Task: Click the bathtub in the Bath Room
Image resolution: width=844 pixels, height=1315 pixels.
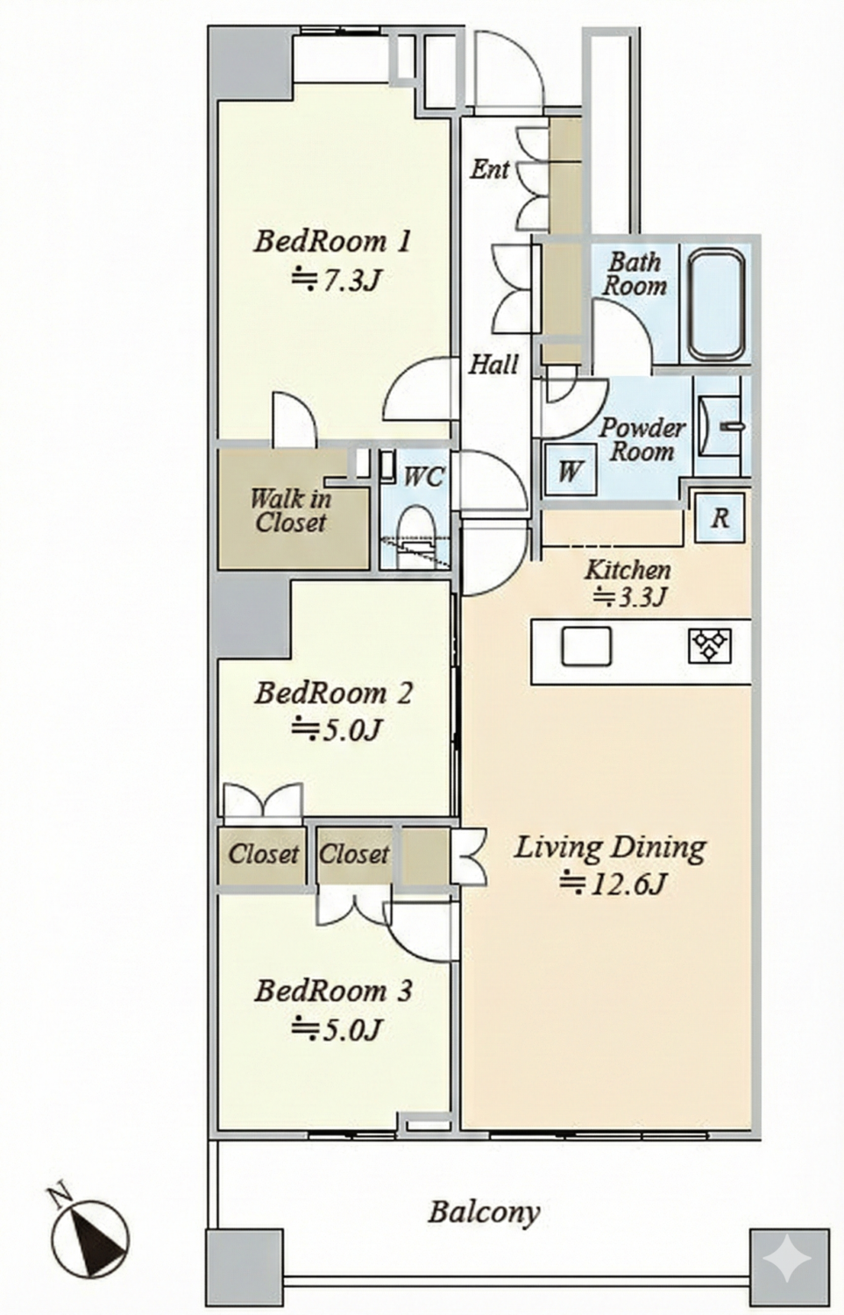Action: (x=716, y=305)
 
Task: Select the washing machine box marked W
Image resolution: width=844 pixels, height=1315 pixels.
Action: (x=571, y=470)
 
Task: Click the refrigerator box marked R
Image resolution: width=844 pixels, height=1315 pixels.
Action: (x=720, y=517)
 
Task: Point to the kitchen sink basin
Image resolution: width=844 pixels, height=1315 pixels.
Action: (x=586, y=646)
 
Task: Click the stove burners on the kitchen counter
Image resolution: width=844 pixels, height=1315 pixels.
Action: (x=710, y=645)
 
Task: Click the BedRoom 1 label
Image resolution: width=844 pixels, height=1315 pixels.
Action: (x=332, y=242)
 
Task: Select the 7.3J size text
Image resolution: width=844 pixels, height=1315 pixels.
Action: (x=337, y=280)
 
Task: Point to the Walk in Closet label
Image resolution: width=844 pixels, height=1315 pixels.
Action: (x=291, y=510)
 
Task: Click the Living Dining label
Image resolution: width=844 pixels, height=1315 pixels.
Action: (x=610, y=849)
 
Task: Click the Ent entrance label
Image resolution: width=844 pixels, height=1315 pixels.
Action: (x=490, y=170)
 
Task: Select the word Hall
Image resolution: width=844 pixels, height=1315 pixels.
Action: (x=493, y=365)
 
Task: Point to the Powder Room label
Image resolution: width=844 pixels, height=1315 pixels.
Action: (x=642, y=440)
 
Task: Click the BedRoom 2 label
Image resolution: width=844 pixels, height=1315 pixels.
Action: (x=333, y=693)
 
